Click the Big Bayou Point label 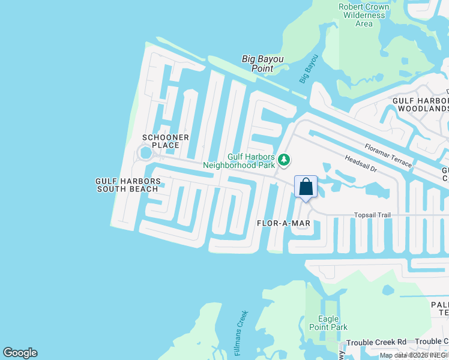coord(262,64)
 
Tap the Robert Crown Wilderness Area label coord(364,16)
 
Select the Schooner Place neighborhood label coord(165,142)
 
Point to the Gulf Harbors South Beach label coord(128,185)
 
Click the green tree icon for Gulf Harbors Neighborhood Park coord(284,160)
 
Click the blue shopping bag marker coord(306,187)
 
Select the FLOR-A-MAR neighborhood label coord(283,223)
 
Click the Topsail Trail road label coord(372,214)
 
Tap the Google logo coord(20,353)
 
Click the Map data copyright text coord(414,355)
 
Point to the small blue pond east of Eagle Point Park coord(388,291)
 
